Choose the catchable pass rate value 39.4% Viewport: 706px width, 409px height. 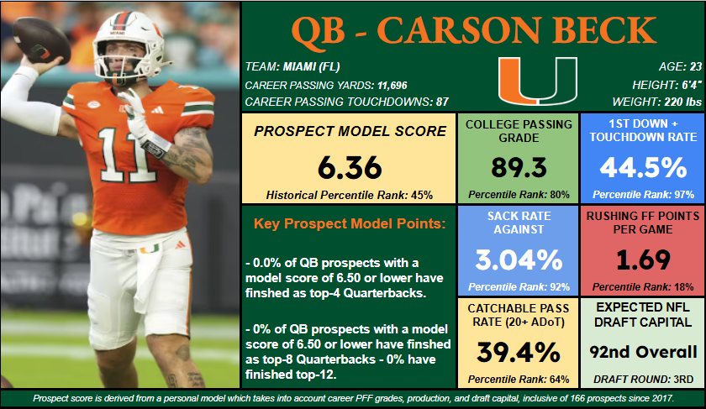coord(519,350)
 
